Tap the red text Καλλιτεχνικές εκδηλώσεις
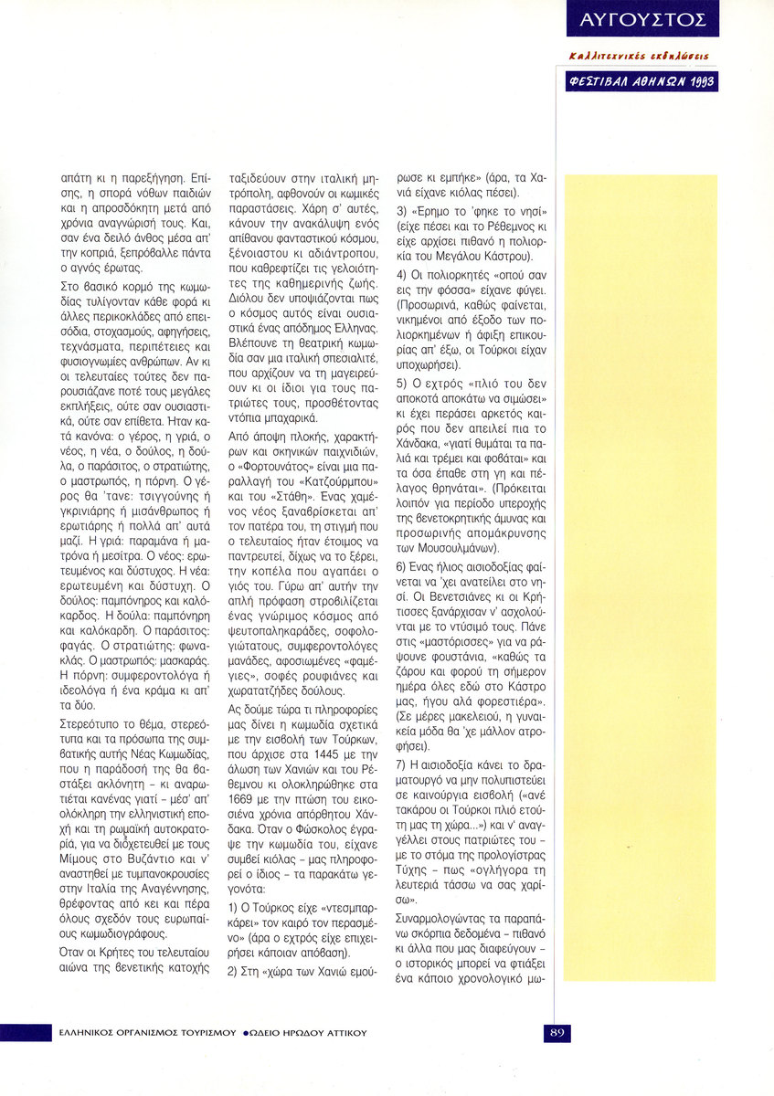pos(639,56)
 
